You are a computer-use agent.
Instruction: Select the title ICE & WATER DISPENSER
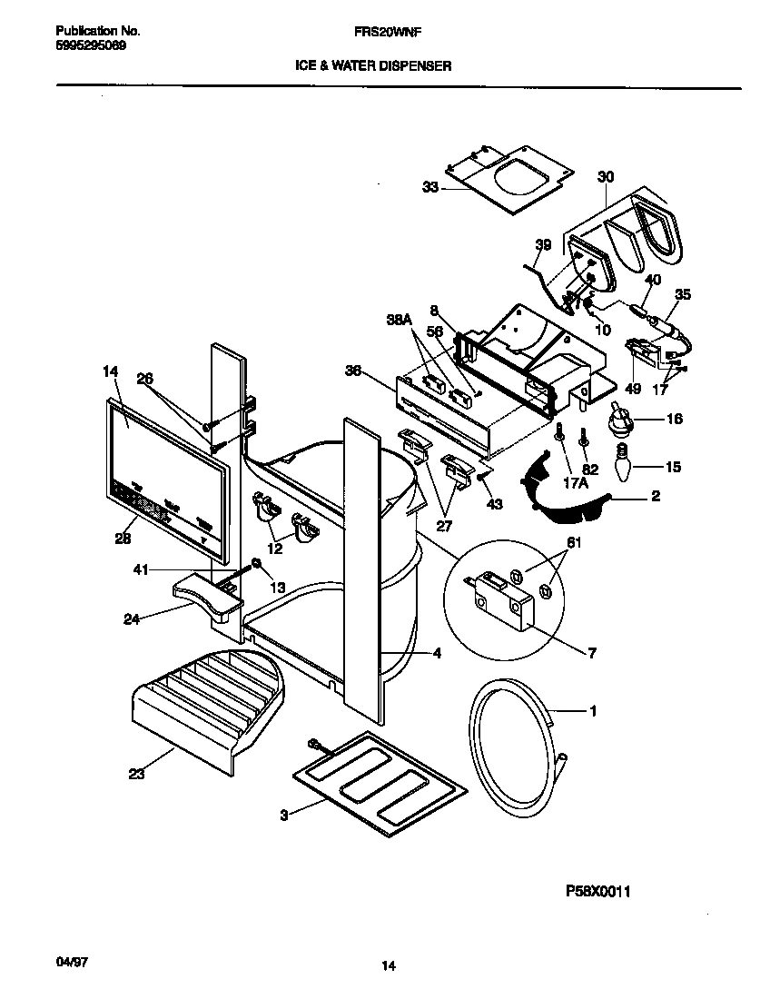(372, 65)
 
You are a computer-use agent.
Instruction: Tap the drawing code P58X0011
(597, 892)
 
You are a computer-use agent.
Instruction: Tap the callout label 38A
(400, 320)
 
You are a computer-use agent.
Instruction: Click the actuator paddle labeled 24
(204, 595)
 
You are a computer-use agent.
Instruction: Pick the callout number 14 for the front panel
(110, 371)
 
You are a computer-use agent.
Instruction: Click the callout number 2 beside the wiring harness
(655, 496)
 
